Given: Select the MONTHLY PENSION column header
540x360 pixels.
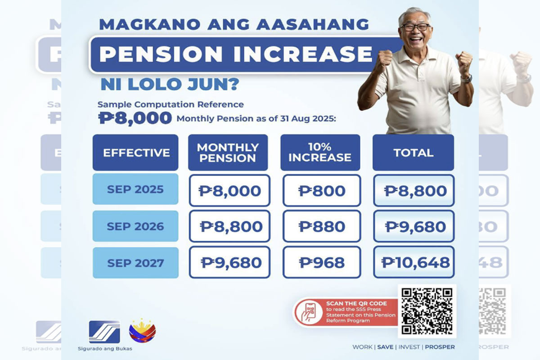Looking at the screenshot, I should pyautogui.click(x=228, y=153).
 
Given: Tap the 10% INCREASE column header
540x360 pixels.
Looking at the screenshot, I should pyautogui.click(x=320, y=153).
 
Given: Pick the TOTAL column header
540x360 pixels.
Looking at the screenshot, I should pyautogui.click(x=413, y=153).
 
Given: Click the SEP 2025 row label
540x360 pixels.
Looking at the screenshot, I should pyautogui.click(x=135, y=189).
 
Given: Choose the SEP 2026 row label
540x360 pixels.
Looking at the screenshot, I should pyautogui.click(x=135, y=226).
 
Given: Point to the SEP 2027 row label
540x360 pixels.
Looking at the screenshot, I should pyautogui.click(x=135, y=262).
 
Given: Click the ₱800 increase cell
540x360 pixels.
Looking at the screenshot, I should pyautogui.click(x=322, y=190).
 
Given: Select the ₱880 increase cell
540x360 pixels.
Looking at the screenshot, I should pyautogui.click(x=322, y=226).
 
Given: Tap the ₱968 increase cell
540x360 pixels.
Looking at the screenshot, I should pyautogui.click(x=322, y=262).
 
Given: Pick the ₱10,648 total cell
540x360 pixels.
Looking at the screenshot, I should pyautogui.click(x=414, y=262).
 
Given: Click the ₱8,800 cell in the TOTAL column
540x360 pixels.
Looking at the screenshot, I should pyautogui.click(x=414, y=190).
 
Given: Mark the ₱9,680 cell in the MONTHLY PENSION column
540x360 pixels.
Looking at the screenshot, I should pyautogui.click(x=230, y=262).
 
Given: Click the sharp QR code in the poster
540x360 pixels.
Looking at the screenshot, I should pyautogui.click(x=427, y=311).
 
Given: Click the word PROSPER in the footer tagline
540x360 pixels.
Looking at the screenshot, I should pyautogui.click(x=439, y=347).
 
